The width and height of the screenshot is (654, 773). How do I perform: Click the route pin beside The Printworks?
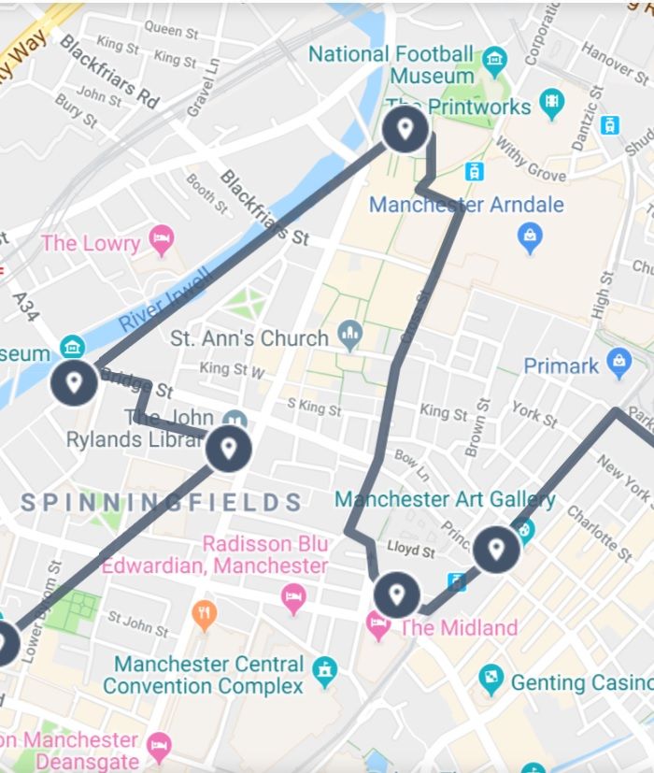click(405, 128)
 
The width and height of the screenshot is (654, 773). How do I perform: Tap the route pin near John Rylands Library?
click(228, 450)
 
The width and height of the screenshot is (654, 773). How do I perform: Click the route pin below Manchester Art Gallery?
click(496, 550)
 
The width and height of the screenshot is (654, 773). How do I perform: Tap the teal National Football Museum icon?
click(494, 63)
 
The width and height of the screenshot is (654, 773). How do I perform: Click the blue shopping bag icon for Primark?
click(618, 364)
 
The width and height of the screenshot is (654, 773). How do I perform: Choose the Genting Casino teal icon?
click(490, 680)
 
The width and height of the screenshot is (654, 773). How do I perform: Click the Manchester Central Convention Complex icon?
click(324, 669)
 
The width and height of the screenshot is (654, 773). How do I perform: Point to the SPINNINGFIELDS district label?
click(162, 503)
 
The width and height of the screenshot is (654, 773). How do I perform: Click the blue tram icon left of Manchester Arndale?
click(476, 171)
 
